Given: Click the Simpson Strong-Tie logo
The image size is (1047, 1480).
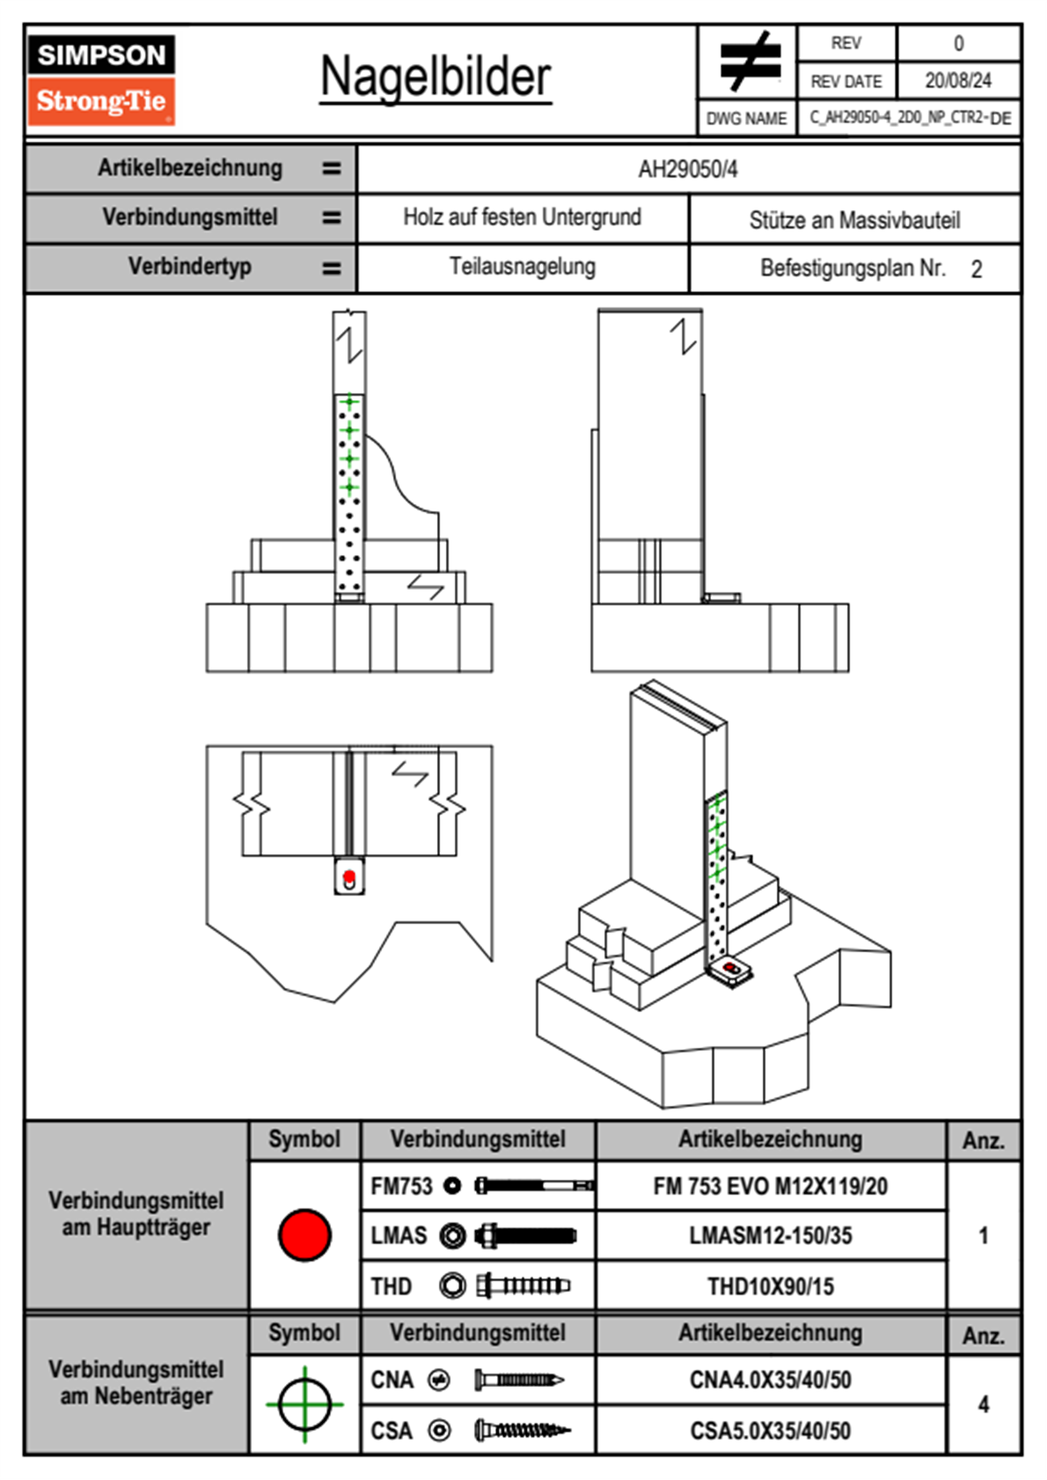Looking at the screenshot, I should pyautogui.click(x=100, y=80).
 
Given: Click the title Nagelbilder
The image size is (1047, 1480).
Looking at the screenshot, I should pyautogui.click(x=436, y=77).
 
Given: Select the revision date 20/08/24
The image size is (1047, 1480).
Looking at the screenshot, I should pyautogui.click(x=958, y=81).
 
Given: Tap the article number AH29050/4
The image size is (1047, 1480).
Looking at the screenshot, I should pyautogui.click(x=688, y=169).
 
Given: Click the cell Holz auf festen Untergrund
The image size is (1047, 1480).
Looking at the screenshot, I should pyautogui.click(x=522, y=217).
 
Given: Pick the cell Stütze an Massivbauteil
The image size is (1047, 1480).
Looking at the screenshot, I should pyautogui.click(x=854, y=220).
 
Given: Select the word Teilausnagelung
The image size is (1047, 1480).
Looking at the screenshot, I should pyautogui.click(x=522, y=267).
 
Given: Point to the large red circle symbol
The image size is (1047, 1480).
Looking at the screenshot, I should pyautogui.click(x=304, y=1235).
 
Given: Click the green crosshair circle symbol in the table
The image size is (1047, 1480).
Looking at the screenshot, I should pyautogui.click(x=304, y=1404).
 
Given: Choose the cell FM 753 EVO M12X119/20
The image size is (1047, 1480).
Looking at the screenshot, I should pyautogui.click(x=770, y=1186).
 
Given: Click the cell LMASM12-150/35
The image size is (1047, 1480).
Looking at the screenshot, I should pyautogui.click(x=770, y=1236).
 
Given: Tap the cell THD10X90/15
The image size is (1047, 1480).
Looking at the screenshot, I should pyautogui.click(x=770, y=1286).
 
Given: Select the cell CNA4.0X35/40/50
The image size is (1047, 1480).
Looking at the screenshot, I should pyautogui.click(x=770, y=1380).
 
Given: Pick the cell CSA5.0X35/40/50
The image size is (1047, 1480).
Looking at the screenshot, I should pyautogui.click(x=770, y=1431).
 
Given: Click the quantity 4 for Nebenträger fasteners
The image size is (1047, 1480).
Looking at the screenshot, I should pyautogui.click(x=983, y=1404).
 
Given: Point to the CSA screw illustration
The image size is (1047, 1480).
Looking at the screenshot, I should pyautogui.click(x=521, y=1431).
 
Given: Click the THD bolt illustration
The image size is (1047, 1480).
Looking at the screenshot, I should pyautogui.click(x=523, y=1286).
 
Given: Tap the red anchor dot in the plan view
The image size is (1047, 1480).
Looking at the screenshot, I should pyautogui.click(x=349, y=876).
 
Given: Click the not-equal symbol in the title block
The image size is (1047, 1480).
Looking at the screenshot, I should pyautogui.click(x=748, y=62).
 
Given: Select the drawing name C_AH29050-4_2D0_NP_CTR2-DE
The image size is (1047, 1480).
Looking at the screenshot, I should pyautogui.click(x=910, y=118).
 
